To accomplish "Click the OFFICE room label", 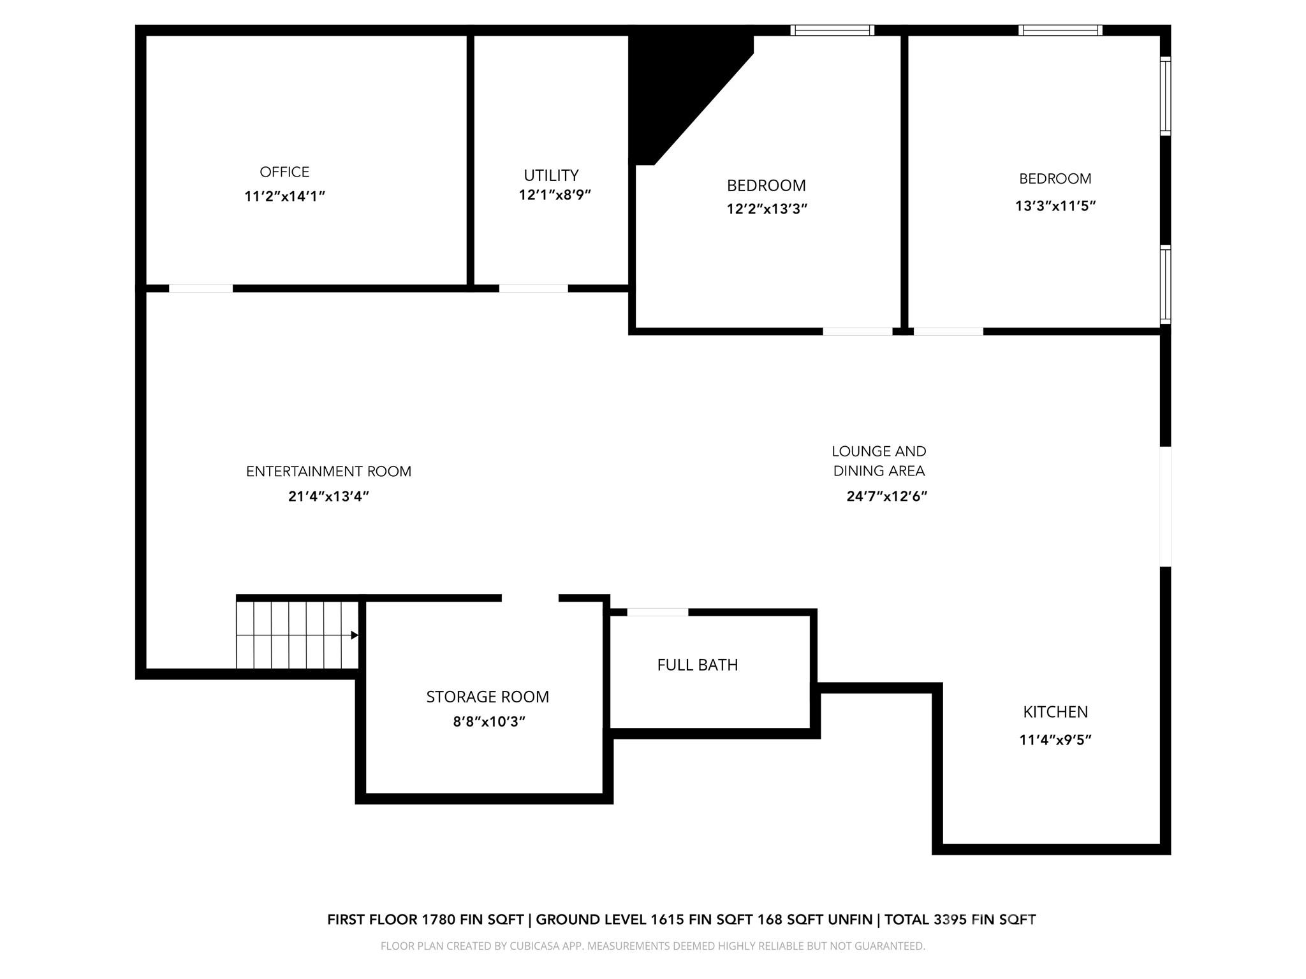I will (x=284, y=172).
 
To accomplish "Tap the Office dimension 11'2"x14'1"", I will (x=284, y=196).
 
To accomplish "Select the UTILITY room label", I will (x=551, y=175).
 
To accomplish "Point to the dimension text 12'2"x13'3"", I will (x=767, y=209).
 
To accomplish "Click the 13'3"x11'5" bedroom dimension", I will (x=1055, y=206).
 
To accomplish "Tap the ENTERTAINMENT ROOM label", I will (x=328, y=472).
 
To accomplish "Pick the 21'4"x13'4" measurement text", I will (x=328, y=497).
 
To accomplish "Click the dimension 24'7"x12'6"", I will (x=886, y=497).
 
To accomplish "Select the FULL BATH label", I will (x=697, y=665).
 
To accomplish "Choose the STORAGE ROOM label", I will (x=487, y=697).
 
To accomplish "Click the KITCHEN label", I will (x=1055, y=712).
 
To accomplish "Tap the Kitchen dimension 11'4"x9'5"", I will (x=1055, y=740).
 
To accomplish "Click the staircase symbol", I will (x=297, y=635).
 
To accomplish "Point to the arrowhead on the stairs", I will (x=355, y=635).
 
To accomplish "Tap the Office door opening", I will (x=200, y=289).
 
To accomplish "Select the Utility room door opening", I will (x=533, y=289).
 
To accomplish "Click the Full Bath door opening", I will (x=657, y=613).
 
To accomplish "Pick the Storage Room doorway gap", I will (x=530, y=598).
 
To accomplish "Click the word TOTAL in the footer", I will (x=907, y=919).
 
